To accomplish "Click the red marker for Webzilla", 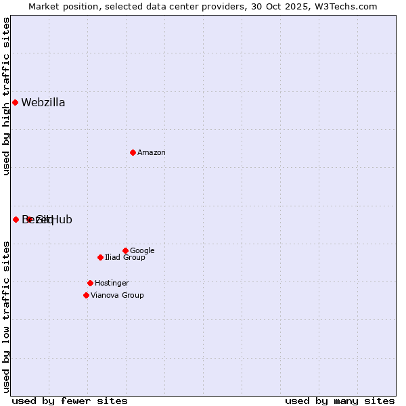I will tap(16, 102).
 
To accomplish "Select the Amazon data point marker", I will tap(133, 152).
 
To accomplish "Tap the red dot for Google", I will tap(125, 250).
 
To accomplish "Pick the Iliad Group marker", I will tap(100, 257).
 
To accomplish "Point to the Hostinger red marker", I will tap(90, 283).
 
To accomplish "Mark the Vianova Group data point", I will tap(86, 295).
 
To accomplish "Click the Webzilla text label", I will tap(43, 103).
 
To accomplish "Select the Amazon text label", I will tap(152, 153).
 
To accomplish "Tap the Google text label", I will tap(142, 251).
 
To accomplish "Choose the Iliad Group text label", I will tap(125, 258).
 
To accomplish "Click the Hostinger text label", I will tap(112, 284).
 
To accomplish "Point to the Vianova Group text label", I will tap(117, 296).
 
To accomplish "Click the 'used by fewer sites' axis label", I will tap(70, 401).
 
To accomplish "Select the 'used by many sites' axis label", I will tap(340, 401).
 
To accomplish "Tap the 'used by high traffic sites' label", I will tap(7, 96).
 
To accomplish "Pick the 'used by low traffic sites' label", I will tap(7, 316).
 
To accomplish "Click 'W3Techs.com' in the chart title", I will tap(349, 7).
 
